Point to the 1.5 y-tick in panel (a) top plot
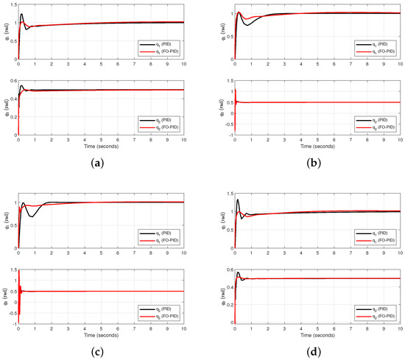13,4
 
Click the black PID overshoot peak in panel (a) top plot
21,14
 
